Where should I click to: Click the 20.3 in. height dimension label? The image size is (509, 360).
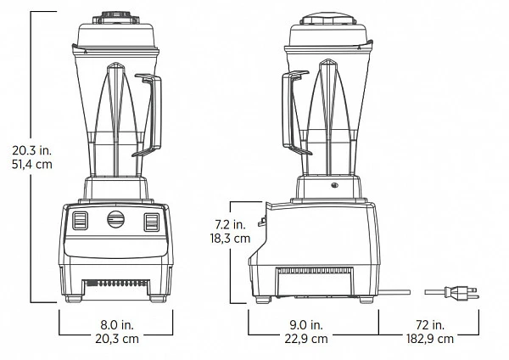tap(32, 150)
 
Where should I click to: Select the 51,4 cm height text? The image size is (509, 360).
tap(32, 165)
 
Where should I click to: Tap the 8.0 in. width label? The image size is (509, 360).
tap(117, 324)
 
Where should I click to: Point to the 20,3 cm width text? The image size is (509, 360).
tap(117, 339)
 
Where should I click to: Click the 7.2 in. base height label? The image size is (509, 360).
tap(230, 224)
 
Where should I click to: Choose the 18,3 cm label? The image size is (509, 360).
tap(230, 239)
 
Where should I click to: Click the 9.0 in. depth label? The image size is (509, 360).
tap(306, 324)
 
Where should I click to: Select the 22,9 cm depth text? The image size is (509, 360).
tap(306, 339)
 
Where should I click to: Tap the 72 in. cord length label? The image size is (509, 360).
tap(430, 324)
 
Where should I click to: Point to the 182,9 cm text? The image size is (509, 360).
tap(430, 339)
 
